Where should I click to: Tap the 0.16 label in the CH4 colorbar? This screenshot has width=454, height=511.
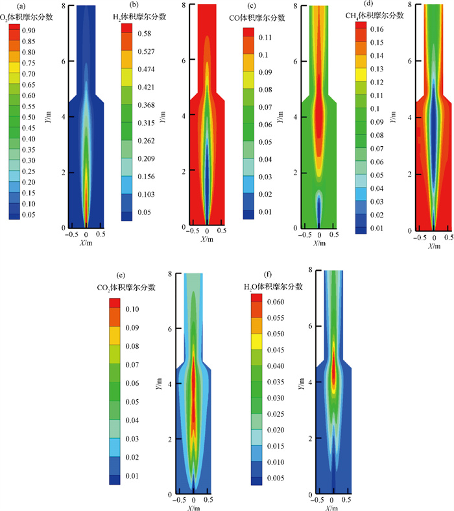(x=377, y=30)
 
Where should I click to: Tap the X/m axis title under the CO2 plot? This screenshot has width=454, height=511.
(x=194, y=508)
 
